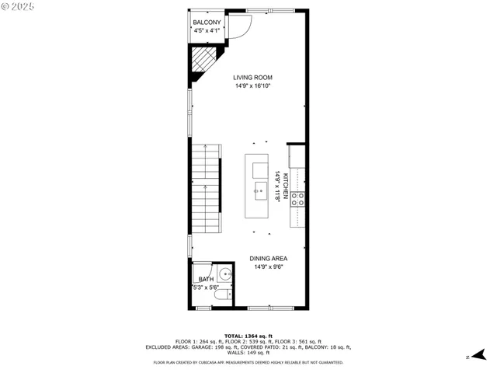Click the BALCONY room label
(x=207, y=23)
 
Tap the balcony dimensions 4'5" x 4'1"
(x=207, y=31)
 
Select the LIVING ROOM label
(x=253, y=78)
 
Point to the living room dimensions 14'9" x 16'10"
(x=253, y=86)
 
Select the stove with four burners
(x=297, y=198)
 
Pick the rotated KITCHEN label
(x=285, y=186)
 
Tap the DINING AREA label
(x=269, y=259)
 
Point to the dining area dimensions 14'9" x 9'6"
(x=269, y=267)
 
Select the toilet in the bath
(x=221, y=296)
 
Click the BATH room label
(x=206, y=279)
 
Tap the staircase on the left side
(x=205, y=190)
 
